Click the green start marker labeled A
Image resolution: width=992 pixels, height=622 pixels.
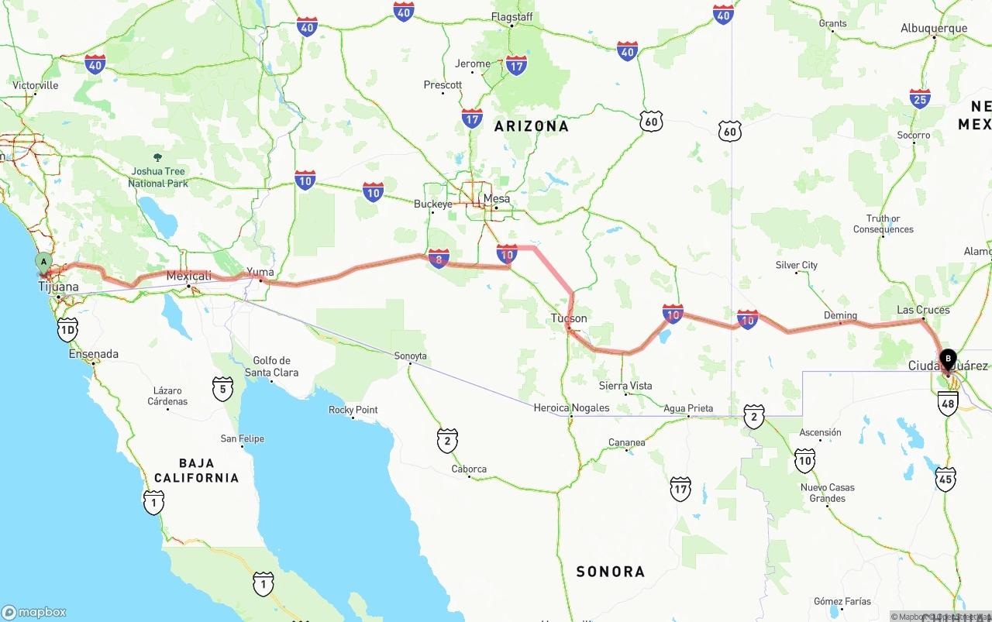coord(44,262)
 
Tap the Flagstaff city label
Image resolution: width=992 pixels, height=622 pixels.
coord(511,16)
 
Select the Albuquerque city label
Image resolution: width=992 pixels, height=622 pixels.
coord(934,29)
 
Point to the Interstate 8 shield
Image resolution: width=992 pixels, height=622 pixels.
coord(439,259)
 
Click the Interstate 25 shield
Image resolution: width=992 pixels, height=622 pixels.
coord(920,98)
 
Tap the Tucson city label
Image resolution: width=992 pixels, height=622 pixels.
coord(569,318)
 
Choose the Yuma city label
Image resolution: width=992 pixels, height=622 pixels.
coord(260,272)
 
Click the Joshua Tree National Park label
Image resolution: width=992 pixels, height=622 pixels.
coord(158,177)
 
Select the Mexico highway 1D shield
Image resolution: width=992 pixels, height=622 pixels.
coord(67,330)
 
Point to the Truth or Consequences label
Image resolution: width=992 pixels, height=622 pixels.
coord(883,224)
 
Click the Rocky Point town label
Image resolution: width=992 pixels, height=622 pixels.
coord(353,410)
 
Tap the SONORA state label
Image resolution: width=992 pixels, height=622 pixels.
coord(610,572)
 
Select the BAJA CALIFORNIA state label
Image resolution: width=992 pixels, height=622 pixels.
coord(196,470)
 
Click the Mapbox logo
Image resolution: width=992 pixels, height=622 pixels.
coord(34,612)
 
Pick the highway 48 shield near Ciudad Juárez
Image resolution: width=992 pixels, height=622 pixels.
coord(948,403)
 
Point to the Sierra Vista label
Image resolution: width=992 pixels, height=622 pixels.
coord(625,386)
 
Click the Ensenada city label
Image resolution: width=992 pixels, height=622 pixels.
coord(94,354)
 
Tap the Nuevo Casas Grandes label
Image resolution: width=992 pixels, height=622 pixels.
coord(828,493)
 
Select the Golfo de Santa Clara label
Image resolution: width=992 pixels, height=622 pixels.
coord(271,366)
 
